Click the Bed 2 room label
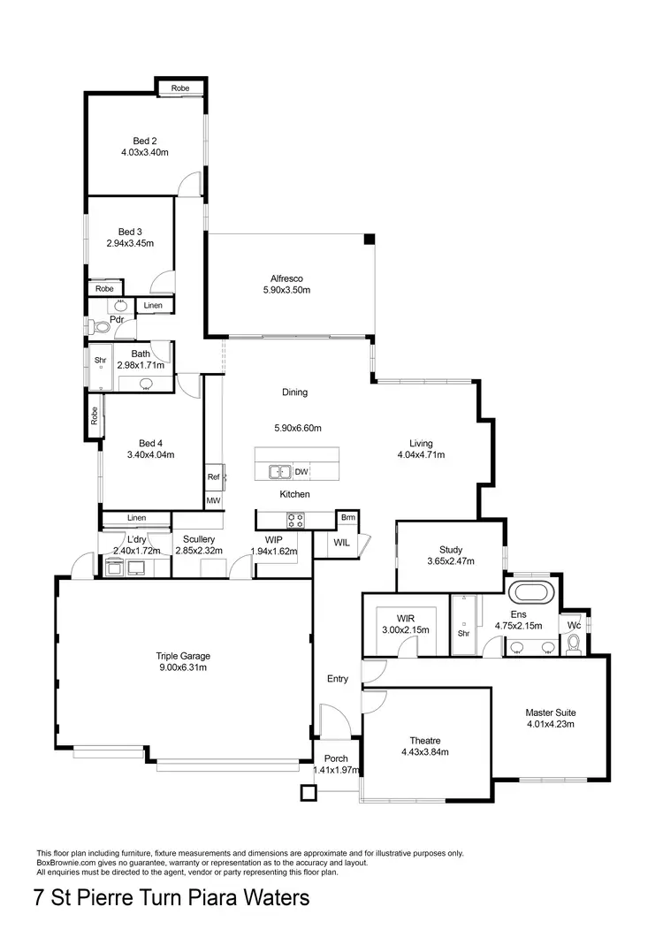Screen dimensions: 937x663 (145, 141)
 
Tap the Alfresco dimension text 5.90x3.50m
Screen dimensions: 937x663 (286, 289)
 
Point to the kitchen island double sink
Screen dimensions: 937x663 (279, 471)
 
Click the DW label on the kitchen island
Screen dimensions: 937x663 (301, 472)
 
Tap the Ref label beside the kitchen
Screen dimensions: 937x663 (213, 477)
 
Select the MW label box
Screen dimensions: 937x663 (213, 500)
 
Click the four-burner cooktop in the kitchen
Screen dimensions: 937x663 (295, 520)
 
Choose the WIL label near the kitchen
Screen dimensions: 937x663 (342, 544)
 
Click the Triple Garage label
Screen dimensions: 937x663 (183, 656)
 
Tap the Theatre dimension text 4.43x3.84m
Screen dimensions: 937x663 (424, 752)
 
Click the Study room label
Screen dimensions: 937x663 (451, 549)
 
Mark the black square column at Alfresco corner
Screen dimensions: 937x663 (370, 239)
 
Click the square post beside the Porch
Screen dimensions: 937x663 (307, 793)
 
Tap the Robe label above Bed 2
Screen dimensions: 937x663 (180, 88)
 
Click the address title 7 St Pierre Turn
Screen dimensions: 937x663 (171, 899)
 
